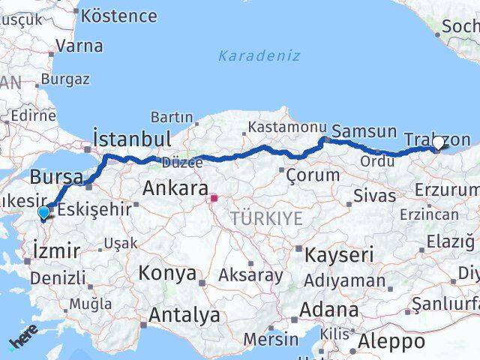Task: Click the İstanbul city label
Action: tap(132, 138)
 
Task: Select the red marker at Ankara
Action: tap(214, 199)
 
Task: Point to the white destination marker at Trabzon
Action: tap(438, 141)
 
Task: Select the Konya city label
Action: tap(166, 272)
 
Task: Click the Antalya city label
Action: tap(184, 315)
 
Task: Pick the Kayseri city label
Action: tap(339, 255)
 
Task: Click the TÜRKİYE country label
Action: tap(267, 218)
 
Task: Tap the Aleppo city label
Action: tap(391, 343)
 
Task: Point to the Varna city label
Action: tap(79, 45)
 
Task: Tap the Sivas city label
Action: tap(376, 196)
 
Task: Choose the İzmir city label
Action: tap(56, 250)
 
